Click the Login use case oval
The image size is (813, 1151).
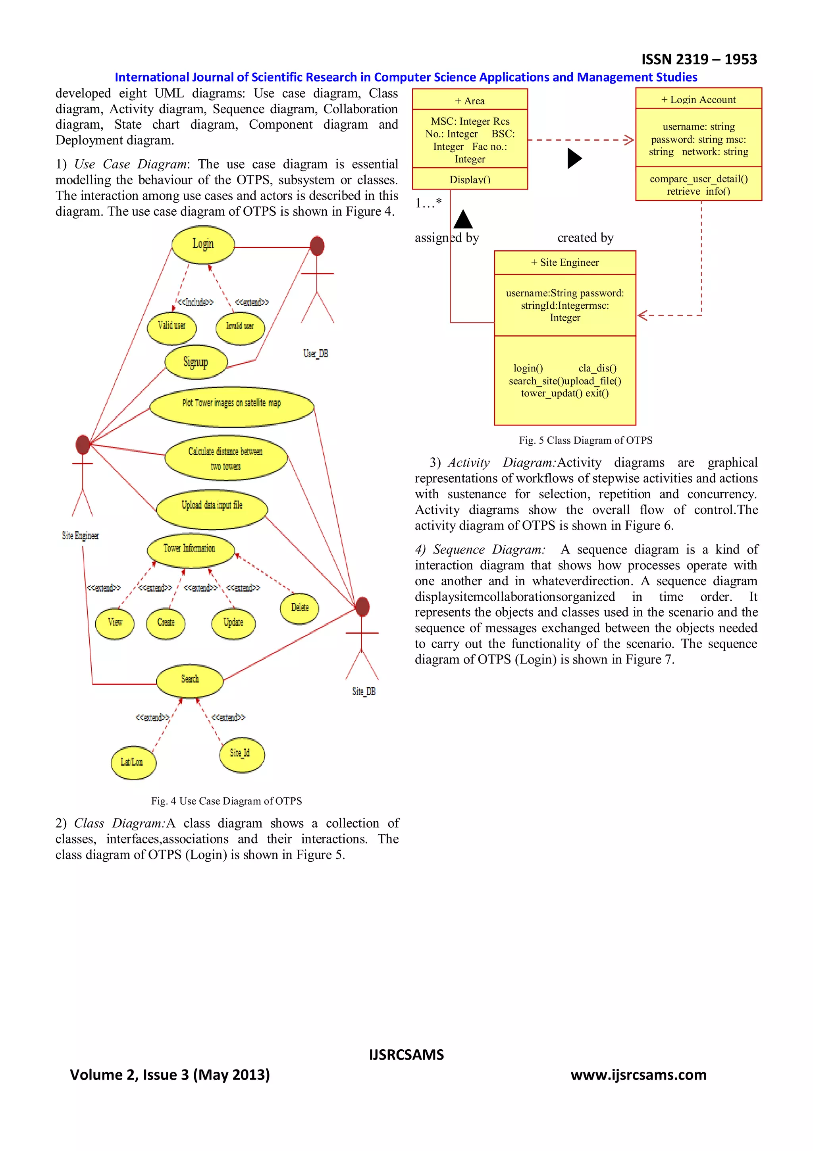[203, 245]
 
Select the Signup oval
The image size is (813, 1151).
[196, 362]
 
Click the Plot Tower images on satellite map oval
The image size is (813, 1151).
[231, 406]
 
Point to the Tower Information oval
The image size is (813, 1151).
[191, 550]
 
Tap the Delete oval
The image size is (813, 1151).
[300, 608]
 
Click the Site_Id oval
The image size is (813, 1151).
[241, 754]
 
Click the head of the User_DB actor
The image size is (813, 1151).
[316, 246]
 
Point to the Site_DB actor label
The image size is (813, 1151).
[364, 691]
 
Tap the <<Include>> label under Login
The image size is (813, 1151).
[195, 302]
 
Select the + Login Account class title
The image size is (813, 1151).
[698, 99]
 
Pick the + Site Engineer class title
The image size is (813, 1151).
[564, 262]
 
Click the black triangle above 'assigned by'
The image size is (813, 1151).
[463, 220]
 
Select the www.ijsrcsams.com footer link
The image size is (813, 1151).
[639, 1075]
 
